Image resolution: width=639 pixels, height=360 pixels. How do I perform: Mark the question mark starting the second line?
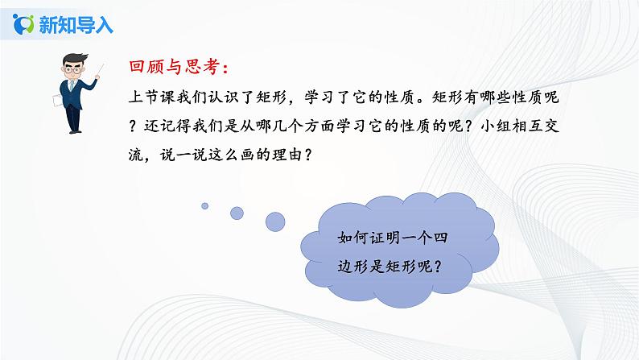tap(136, 126)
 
